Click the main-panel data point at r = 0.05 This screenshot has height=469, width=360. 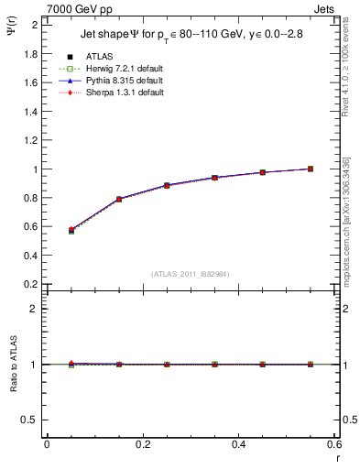coord(71,230)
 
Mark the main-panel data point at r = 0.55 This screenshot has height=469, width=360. coord(311,169)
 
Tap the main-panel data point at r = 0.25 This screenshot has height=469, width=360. coord(167,185)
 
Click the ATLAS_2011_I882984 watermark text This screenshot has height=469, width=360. coord(191,273)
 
